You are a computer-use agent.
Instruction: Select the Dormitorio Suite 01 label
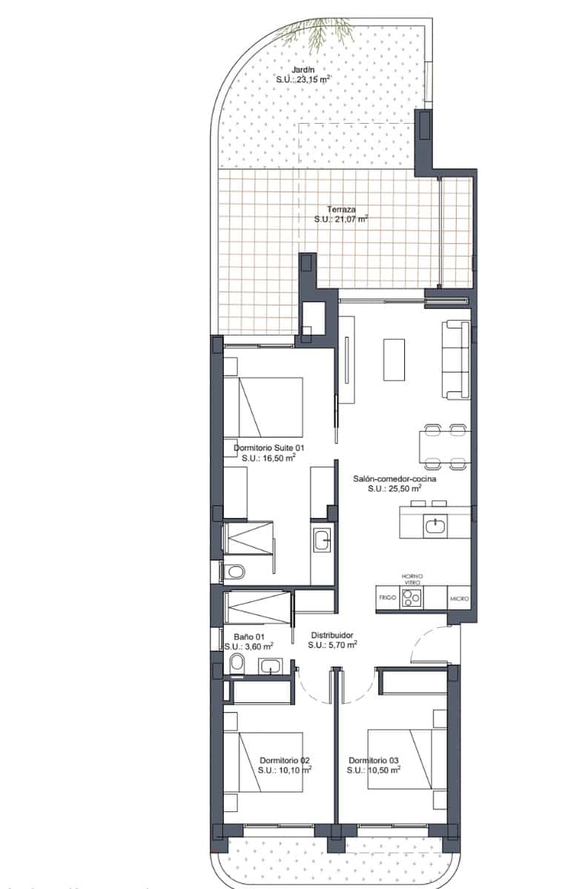tap(269, 448)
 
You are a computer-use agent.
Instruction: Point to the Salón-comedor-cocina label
tap(394, 479)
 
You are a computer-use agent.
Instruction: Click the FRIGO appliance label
tap(388, 596)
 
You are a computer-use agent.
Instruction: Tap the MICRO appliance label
tap(459, 597)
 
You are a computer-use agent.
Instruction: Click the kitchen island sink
tap(435, 526)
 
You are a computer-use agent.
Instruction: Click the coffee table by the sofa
tap(394, 359)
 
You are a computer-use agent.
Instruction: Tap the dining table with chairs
tap(443, 447)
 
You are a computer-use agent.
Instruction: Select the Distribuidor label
tap(331, 635)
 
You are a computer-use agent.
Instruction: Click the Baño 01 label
tap(249, 636)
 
